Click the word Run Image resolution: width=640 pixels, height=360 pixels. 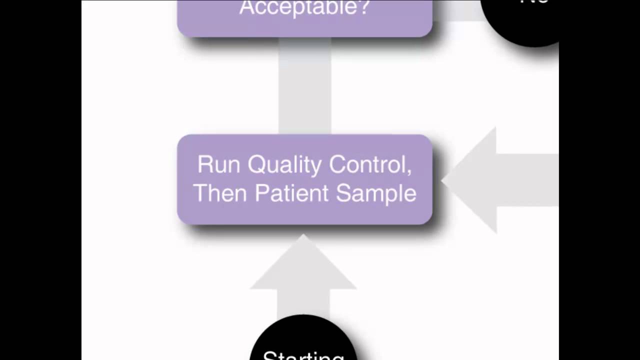click(x=218, y=164)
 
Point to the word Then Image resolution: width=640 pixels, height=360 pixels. click(x=220, y=193)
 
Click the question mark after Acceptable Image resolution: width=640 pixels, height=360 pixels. click(x=363, y=7)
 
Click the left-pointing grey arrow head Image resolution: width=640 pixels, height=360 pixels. click(x=470, y=180)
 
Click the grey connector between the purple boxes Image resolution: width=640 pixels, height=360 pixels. click(x=304, y=85)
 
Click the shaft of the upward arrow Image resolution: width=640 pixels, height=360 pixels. click(x=303, y=302)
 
